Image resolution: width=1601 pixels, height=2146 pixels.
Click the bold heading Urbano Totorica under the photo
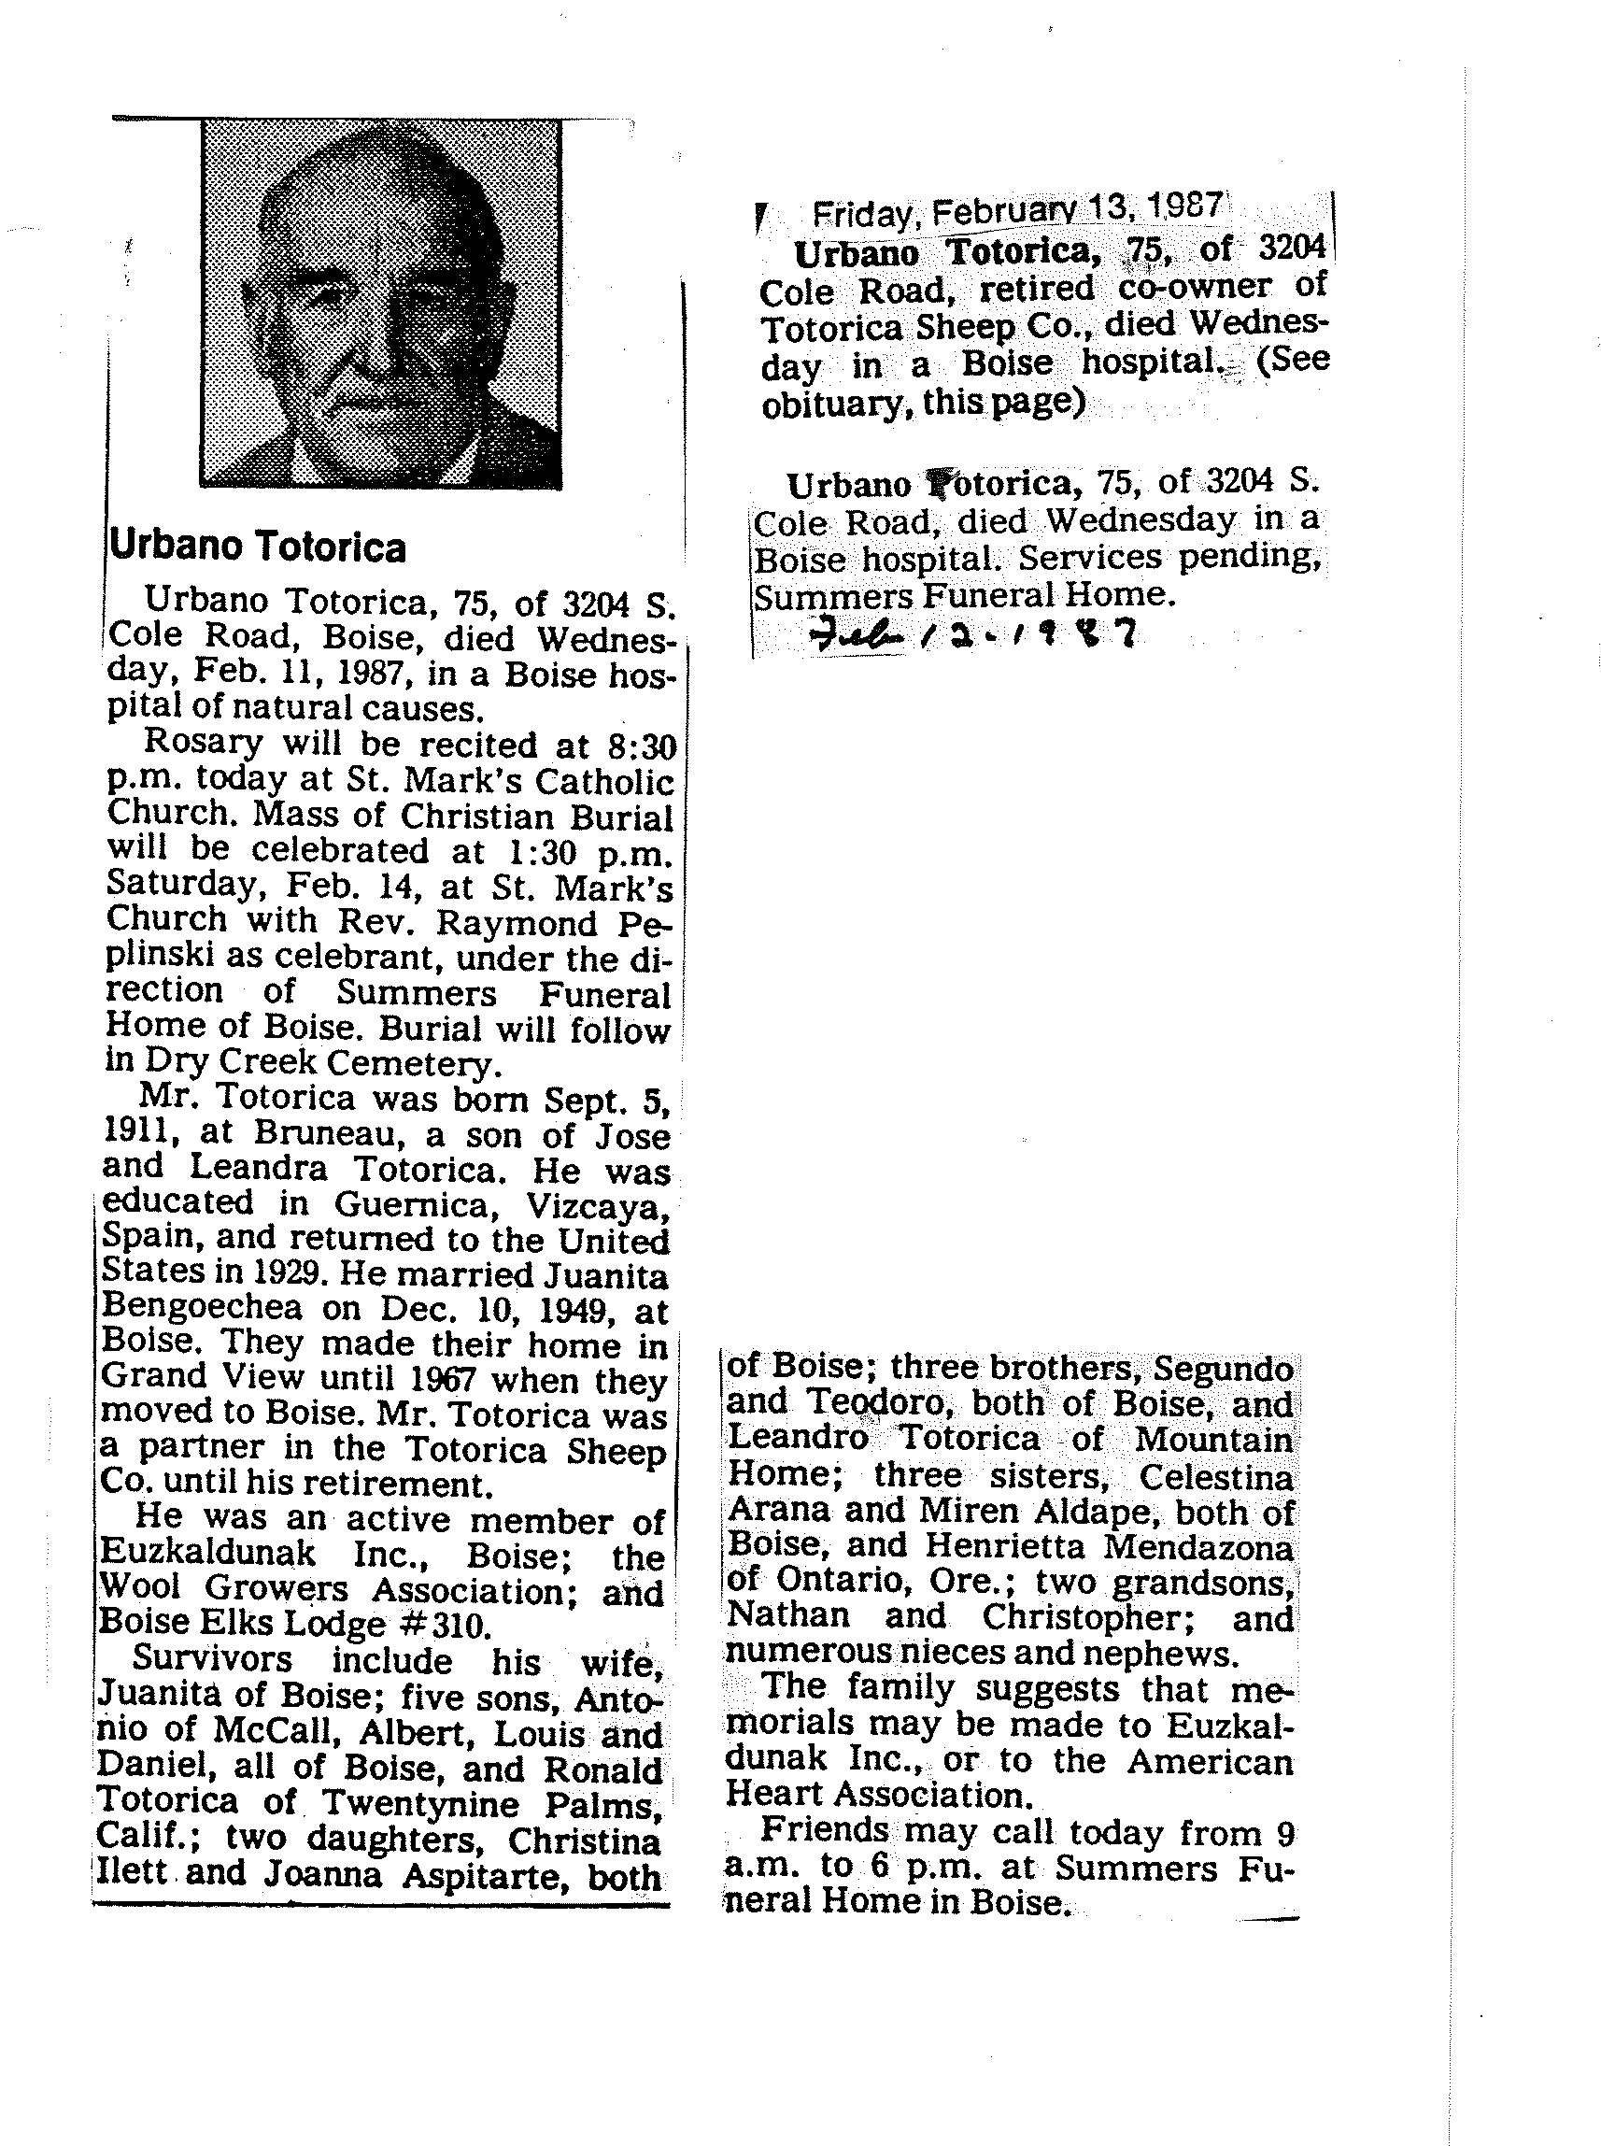point(257,547)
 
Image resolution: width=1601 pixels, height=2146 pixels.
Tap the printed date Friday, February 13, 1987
point(1017,210)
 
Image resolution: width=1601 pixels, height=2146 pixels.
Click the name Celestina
point(1215,1477)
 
